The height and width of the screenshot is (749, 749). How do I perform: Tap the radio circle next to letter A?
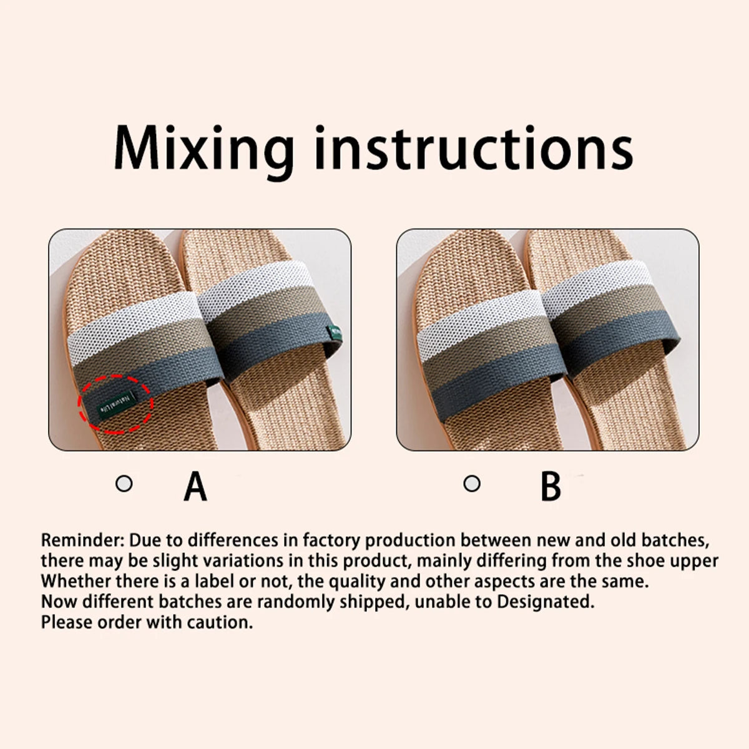[125, 484]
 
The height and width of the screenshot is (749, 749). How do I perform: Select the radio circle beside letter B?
[472, 484]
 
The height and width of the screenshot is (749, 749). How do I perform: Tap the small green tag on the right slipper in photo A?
[335, 331]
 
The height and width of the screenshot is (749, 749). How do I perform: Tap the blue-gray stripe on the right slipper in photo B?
[615, 343]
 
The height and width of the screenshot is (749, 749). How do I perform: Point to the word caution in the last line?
[221, 622]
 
